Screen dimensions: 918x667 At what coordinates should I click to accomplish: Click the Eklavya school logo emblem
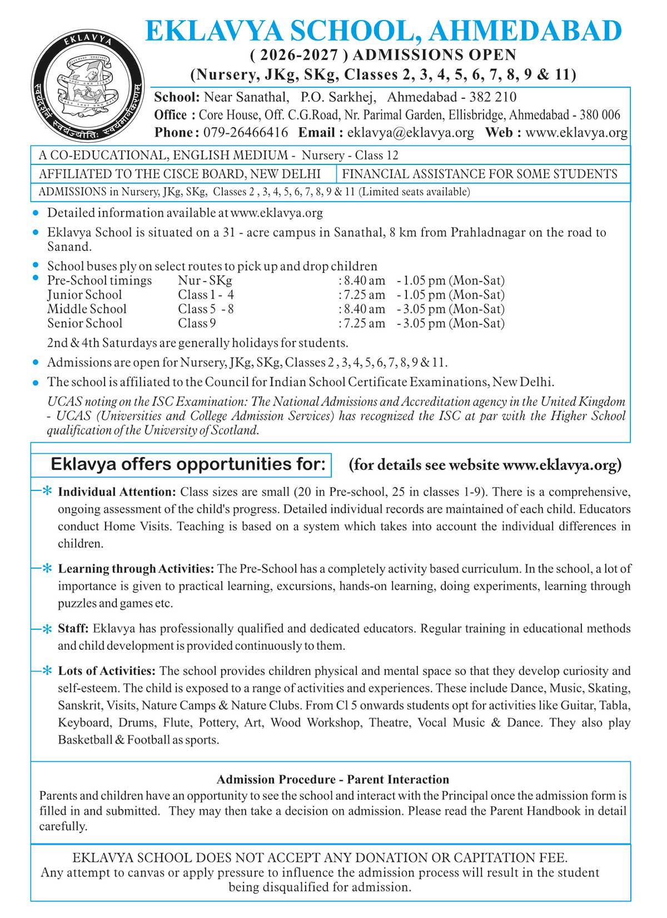88,86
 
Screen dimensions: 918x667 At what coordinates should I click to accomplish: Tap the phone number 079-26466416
246,133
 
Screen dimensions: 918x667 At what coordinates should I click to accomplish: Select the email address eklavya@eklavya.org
410,133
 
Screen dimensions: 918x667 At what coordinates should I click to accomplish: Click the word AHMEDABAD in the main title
525,31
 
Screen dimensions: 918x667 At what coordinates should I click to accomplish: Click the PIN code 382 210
492,97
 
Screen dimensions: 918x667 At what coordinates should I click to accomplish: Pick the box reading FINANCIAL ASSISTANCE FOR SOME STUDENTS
479,174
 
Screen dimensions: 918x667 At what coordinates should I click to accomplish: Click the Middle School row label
87,309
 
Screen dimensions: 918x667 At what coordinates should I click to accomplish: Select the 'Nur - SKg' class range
205,281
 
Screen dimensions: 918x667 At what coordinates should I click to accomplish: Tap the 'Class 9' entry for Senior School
197,324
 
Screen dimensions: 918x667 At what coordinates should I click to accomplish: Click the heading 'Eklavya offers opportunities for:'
188,464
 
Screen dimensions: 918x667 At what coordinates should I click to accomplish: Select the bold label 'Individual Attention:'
117,492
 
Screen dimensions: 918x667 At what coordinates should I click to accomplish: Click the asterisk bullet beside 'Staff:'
47,629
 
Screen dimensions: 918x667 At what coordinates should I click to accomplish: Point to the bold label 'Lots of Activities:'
106,671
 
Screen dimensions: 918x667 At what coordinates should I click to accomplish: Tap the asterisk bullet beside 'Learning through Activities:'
47,569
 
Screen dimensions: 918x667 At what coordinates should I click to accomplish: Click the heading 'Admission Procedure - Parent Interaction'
332,779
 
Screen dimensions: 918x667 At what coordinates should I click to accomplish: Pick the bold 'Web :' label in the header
503,133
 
